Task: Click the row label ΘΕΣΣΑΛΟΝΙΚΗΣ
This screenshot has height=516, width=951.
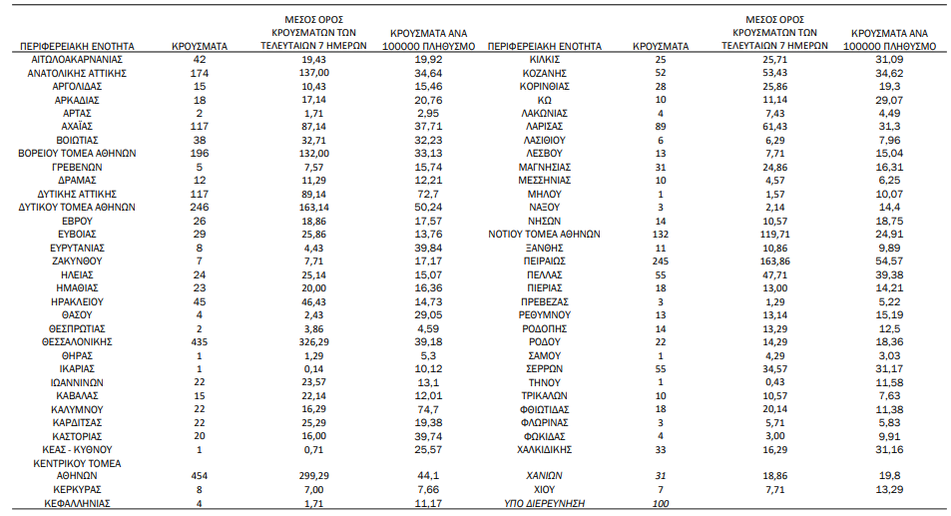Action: click(77, 342)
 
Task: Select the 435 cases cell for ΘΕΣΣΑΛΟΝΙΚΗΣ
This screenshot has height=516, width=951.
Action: click(199, 342)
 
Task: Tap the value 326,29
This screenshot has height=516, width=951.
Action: click(313, 342)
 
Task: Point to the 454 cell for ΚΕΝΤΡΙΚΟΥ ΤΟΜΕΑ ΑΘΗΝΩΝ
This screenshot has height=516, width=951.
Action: click(199, 476)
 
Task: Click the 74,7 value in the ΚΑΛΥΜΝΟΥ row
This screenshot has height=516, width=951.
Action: click(428, 409)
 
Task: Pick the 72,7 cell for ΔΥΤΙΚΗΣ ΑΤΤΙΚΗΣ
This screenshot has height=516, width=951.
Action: click(428, 194)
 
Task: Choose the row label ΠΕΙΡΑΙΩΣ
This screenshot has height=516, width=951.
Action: click(544, 261)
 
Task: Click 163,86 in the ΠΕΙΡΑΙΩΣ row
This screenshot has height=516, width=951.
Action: click(774, 261)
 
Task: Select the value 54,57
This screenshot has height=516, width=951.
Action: click(889, 261)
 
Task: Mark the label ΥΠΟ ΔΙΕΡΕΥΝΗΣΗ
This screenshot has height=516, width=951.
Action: click(544, 503)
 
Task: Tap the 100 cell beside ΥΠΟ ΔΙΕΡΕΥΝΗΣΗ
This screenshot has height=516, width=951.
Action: click(661, 503)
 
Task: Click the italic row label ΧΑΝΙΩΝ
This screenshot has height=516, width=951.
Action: click(544, 476)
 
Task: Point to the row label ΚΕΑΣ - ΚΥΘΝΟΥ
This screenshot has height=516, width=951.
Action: click(77, 450)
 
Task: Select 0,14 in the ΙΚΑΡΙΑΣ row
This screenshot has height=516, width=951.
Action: click(313, 368)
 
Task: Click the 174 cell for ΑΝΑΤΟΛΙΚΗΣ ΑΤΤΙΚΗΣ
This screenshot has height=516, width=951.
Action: click(199, 74)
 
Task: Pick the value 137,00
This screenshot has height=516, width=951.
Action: click(313, 74)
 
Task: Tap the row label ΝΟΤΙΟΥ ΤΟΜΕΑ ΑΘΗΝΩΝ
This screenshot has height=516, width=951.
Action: click(544, 235)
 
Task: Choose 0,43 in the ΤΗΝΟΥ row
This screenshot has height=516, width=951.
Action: click(774, 382)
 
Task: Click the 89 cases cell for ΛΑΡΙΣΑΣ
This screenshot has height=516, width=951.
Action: click(661, 127)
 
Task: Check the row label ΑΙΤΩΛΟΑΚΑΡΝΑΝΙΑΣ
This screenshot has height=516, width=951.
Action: click(77, 60)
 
